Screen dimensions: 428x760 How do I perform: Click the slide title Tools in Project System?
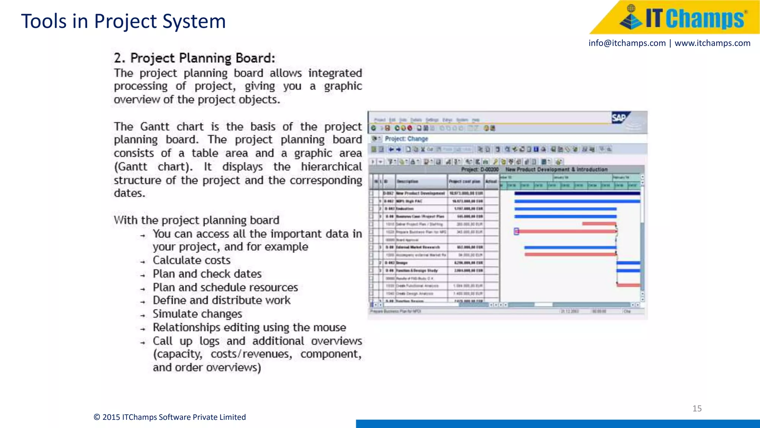tap(123, 21)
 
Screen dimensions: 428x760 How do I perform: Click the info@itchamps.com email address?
tap(627, 43)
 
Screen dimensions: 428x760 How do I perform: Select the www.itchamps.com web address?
tap(712, 43)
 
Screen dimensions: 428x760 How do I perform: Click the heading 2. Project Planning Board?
tap(194, 58)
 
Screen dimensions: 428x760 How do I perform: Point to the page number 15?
tap(697, 408)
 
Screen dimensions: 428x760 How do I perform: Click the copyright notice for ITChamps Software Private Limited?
tap(170, 417)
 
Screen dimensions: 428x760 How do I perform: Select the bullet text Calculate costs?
tap(191, 260)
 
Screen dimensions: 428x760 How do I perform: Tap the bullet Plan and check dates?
tap(207, 274)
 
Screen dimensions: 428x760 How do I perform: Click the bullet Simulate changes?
tap(197, 314)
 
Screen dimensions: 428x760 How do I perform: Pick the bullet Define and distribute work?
tap(222, 300)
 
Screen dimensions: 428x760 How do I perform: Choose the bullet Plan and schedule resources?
tap(225, 288)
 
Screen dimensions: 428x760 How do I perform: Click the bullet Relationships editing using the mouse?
tap(249, 328)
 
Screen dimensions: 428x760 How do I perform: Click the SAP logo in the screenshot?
tap(619, 118)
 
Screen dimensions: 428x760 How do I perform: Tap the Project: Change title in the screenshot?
tap(406, 139)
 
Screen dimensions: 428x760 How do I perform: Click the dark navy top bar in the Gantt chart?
tap(577, 194)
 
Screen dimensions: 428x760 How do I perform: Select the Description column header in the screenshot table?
tap(407, 181)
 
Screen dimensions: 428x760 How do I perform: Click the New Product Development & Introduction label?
tap(556, 169)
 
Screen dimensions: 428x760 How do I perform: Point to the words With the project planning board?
tap(196, 220)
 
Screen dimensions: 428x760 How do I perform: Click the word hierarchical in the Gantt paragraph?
tap(331, 167)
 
